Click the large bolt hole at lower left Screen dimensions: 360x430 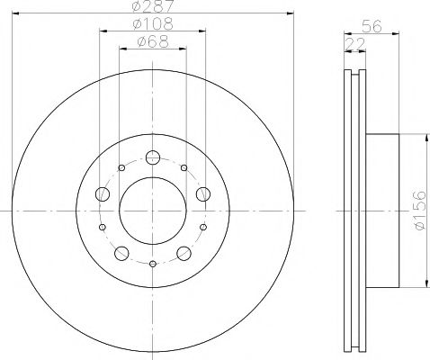(121, 253)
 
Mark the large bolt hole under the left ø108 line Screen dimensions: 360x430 (102, 195)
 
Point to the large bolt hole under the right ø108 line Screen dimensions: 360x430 (202, 193)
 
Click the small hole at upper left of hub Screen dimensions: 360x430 (121, 167)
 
